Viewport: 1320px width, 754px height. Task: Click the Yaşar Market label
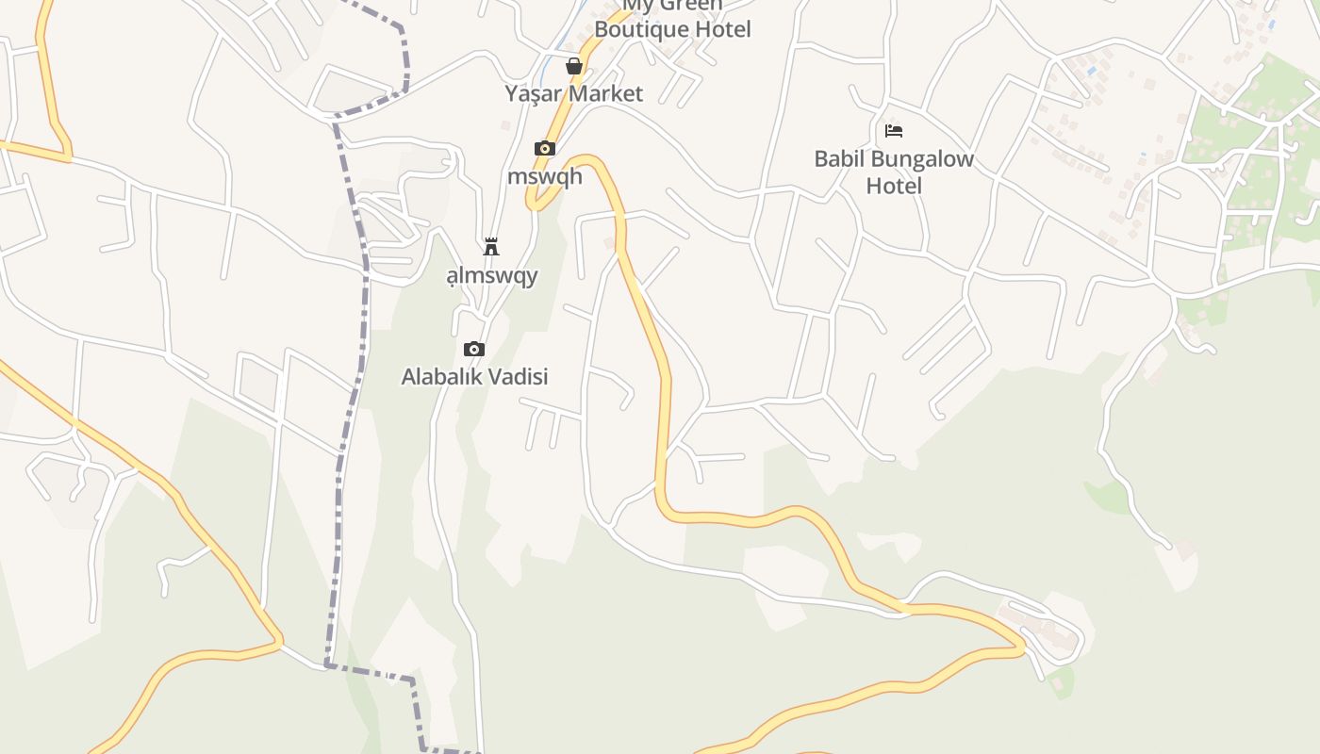pos(573,93)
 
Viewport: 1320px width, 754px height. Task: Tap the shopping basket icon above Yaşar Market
pos(573,66)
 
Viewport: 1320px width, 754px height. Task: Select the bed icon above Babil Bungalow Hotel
pos(894,130)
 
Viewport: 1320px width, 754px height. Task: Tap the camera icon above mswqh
pos(544,148)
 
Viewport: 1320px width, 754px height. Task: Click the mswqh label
pos(545,176)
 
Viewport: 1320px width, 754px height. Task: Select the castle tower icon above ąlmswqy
pos(491,247)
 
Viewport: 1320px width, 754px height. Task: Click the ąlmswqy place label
pos(491,275)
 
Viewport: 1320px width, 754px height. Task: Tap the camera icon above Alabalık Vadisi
pos(474,349)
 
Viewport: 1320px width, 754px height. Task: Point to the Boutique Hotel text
pos(673,29)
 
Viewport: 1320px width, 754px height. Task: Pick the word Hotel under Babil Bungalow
pos(894,186)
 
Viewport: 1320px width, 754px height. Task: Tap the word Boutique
pos(639,29)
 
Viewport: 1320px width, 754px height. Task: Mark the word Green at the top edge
pos(691,5)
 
